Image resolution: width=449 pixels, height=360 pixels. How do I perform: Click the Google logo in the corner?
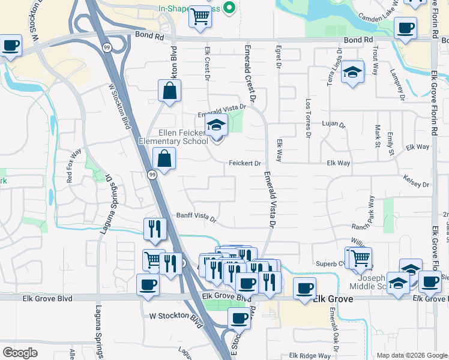coord(20,353)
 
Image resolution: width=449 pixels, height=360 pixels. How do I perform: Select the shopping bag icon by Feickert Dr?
coord(164,160)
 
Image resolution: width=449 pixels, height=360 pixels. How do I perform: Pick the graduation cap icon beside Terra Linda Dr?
coord(352,73)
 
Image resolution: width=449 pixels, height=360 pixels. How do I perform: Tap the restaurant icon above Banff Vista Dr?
coord(154,229)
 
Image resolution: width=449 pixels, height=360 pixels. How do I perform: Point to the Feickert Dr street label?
coord(244,163)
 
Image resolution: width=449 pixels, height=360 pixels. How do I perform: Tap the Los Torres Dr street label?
coord(308,118)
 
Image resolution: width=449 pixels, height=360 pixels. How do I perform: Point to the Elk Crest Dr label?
coord(207,64)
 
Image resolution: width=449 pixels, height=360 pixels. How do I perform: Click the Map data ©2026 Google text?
coord(411,355)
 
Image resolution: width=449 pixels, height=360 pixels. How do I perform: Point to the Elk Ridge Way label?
coord(310,355)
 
